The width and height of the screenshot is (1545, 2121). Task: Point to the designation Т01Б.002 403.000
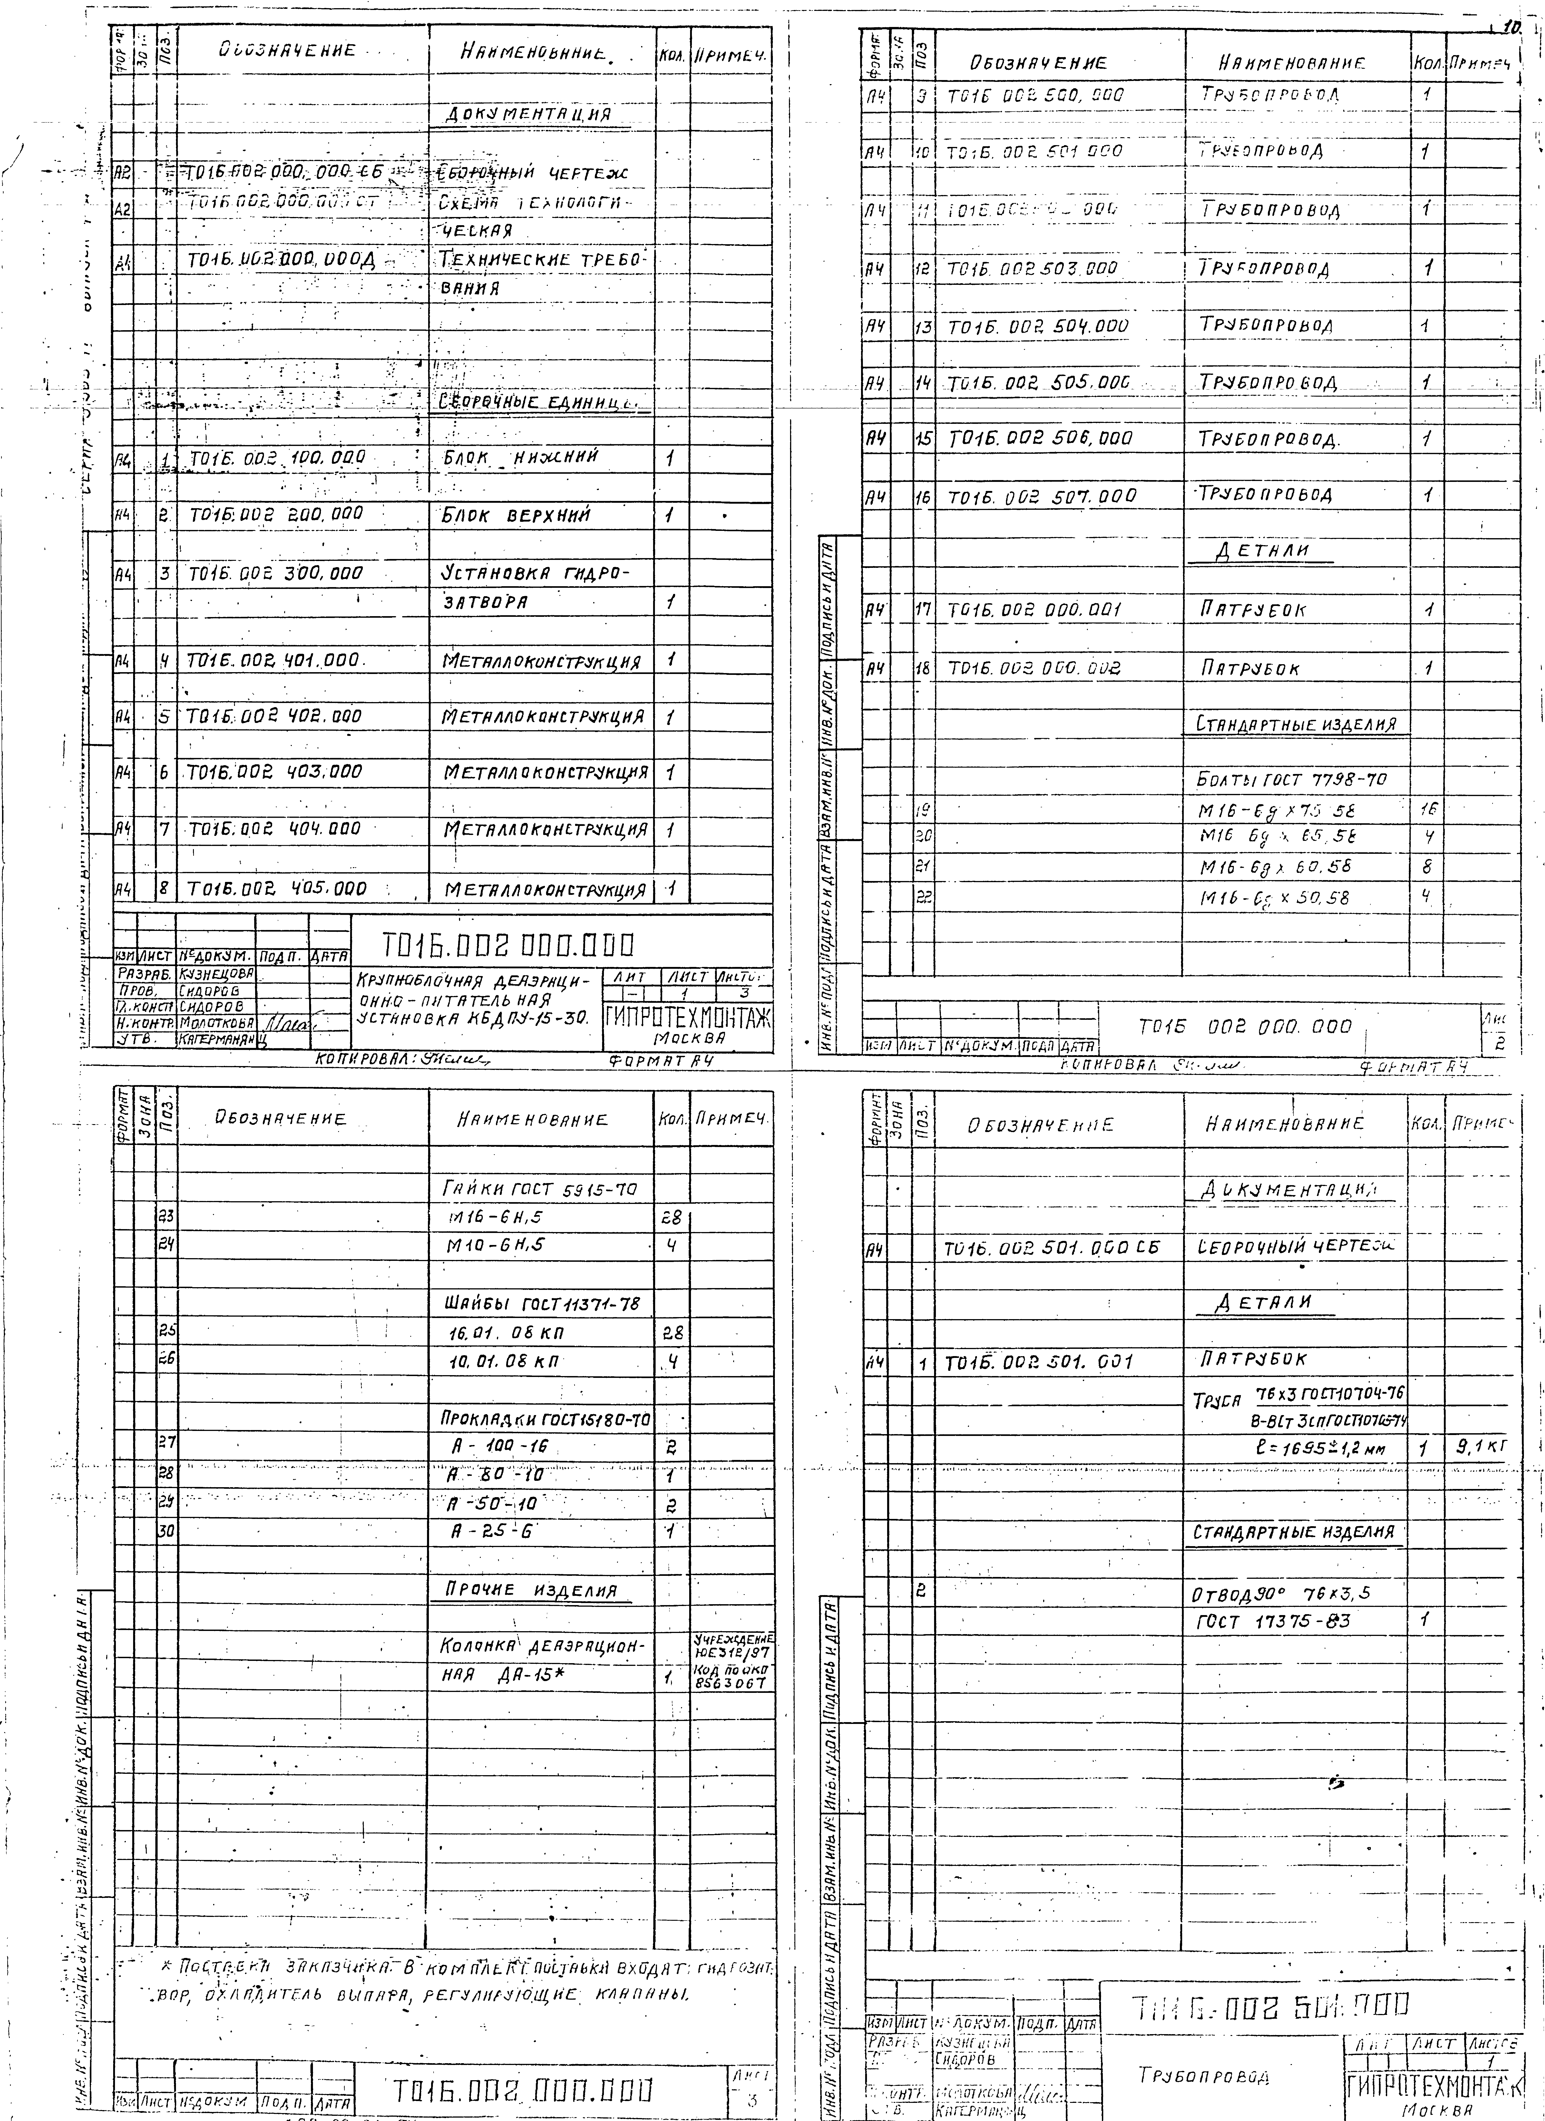[x=274, y=772]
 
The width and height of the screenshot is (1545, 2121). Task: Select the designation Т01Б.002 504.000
[x=1038, y=326]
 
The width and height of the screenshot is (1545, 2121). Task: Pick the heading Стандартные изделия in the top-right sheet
[x=1295, y=724]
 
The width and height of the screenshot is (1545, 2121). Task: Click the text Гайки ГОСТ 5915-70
[x=539, y=1190]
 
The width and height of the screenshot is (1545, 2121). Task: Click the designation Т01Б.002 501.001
[x=1038, y=1363]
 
